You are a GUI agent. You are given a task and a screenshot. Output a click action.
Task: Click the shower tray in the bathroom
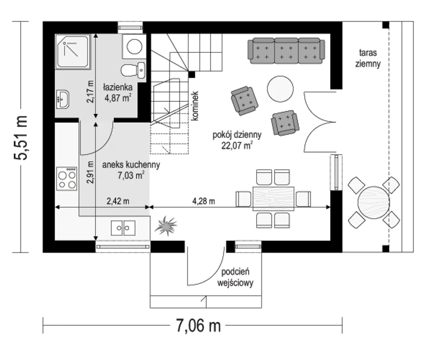[73, 52]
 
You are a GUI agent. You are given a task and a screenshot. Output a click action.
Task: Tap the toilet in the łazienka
[133, 70]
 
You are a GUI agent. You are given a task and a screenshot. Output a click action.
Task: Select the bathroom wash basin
[63, 99]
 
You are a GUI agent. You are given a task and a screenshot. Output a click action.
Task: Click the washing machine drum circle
[134, 46]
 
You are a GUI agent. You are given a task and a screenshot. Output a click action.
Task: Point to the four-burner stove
[67, 179]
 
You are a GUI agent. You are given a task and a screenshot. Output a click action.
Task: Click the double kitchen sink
[123, 228]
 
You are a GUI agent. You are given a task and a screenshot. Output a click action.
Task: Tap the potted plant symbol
[166, 226]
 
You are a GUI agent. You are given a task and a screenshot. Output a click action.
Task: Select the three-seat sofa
[286, 51]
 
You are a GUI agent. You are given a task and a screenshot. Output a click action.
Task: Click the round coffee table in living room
[280, 89]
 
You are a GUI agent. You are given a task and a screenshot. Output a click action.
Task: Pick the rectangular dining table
[273, 199]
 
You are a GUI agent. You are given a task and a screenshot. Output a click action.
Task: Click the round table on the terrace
[373, 203]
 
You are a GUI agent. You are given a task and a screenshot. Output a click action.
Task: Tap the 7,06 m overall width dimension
[199, 325]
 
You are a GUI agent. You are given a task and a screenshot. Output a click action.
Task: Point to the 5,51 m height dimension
[21, 137]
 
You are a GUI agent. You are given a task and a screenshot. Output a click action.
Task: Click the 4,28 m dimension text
[203, 201]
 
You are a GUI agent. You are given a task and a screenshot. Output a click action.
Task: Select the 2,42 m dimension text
[118, 201]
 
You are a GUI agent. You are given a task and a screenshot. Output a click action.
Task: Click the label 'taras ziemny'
[368, 58]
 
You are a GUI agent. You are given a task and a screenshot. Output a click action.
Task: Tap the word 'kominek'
[195, 106]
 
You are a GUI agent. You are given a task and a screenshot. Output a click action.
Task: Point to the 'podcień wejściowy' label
[235, 277]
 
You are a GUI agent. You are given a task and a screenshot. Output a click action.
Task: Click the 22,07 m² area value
[237, 146]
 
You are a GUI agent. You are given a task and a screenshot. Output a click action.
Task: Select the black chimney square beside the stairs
[191, 75]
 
